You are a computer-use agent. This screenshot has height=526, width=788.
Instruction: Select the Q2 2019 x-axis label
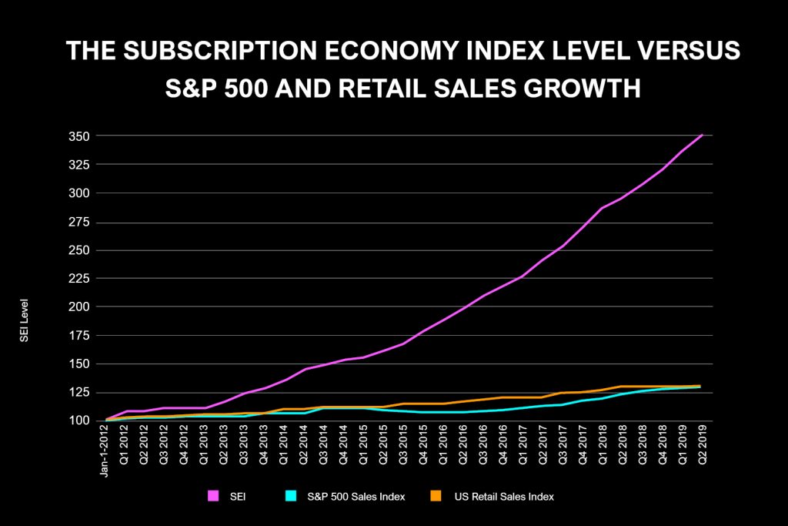701,447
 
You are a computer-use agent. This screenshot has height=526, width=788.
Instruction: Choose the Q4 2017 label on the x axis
583,447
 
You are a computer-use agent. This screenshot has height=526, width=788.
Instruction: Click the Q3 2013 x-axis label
245,447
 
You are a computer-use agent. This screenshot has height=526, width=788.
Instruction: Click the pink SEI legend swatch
213,497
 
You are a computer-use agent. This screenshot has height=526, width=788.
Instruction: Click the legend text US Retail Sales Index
508,497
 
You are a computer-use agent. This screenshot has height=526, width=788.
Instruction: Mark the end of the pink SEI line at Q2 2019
701,136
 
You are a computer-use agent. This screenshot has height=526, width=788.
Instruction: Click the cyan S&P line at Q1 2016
443,412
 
